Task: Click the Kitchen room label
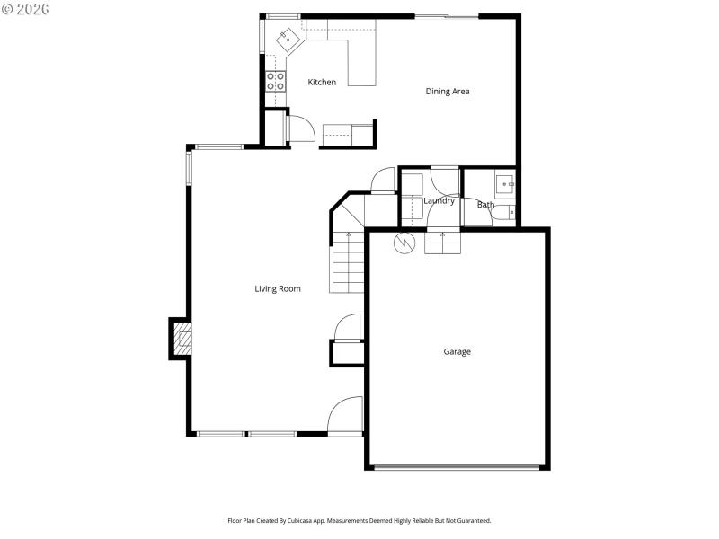[322, 83]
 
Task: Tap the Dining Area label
[448, 92]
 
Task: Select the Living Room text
[278, 289]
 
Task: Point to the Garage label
[457, 352]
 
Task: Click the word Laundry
[439, 201]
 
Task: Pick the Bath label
[485, 205]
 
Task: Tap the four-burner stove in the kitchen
[276, 82]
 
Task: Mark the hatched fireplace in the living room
[182, 339]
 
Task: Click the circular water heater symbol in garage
[404, 242]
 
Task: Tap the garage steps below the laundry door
[441, 243]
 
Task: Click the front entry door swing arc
[344, 417]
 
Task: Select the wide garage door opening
[457, 467]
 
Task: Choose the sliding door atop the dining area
[447, 16]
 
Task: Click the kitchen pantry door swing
[300, 129]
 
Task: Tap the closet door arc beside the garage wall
[347, 327]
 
